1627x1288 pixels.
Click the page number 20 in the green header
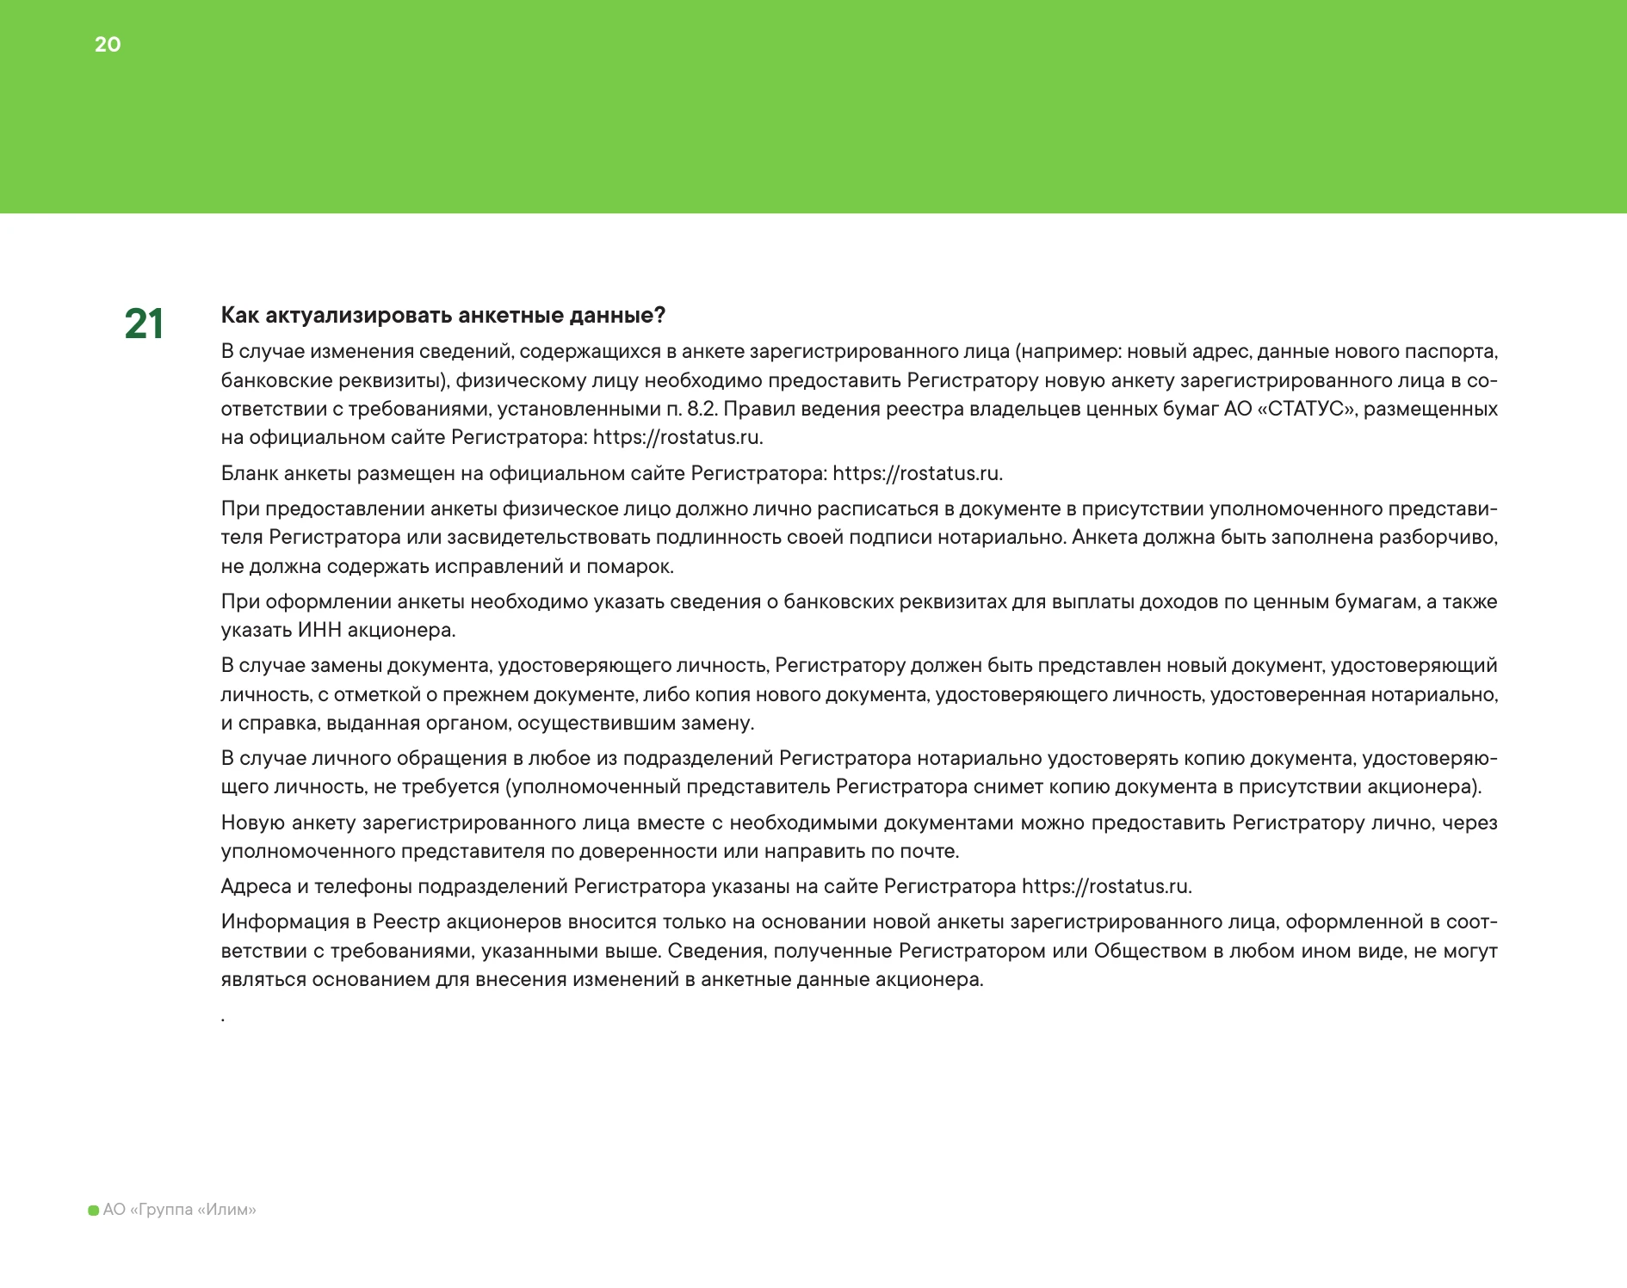[108, 45]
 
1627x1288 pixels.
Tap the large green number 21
[144, 325]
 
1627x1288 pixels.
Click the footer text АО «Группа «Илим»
[179, 1210]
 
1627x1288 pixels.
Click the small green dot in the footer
[94, 1211]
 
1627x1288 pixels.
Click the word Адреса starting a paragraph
[256, 886]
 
